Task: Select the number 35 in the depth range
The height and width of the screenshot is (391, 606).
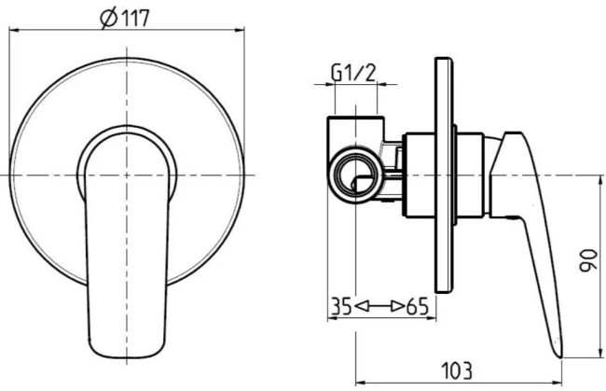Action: coord(340,305)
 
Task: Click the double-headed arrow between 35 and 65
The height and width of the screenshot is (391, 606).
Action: coord(379,305)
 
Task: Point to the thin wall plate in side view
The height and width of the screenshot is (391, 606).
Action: coord(444,187)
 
